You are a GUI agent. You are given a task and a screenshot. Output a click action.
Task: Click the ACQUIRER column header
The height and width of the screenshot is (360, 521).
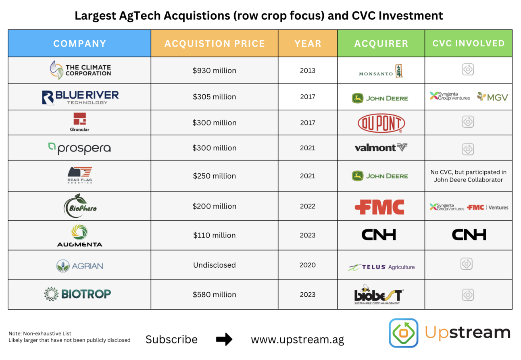[x=381, y=44]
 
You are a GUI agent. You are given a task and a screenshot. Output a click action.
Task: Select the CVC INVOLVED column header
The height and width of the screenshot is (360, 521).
[x=468, y=44]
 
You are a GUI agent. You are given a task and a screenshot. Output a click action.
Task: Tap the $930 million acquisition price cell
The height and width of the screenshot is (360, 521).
[x=215, y=71]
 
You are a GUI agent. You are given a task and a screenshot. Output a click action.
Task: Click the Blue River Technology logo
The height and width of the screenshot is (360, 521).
[x=80, y=97]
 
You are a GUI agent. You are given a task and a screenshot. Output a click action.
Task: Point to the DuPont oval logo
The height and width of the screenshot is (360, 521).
[x=381, y=123]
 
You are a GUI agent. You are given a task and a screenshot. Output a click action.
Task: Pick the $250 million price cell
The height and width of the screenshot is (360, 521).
[x=215, y=176]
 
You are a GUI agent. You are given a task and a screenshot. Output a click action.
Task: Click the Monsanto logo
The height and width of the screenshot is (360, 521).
[x=381, y=71]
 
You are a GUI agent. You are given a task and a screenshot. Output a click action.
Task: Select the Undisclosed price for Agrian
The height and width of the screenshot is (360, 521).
[x=215, y=265]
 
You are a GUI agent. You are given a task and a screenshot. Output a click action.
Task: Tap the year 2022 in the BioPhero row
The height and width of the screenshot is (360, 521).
[x=308, y=206]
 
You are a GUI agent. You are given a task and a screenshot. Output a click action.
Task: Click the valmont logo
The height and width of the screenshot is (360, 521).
[x=381, y=148]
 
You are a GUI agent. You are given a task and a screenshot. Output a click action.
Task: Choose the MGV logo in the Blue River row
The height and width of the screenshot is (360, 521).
[x=492, y=97]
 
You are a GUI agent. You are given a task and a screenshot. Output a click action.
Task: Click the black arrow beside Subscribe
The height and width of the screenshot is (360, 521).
[x=224, y=339]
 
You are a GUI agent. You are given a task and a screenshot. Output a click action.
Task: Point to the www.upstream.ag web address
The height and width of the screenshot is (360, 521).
[x=298, y=339]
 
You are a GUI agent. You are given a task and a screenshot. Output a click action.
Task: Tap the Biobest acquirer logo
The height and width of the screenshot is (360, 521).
[x=379, y=294]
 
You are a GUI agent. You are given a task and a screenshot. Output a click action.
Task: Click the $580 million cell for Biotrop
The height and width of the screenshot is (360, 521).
[x=215, y=295]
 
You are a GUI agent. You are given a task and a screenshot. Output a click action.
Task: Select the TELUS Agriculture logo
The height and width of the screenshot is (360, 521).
[x=381, y=267]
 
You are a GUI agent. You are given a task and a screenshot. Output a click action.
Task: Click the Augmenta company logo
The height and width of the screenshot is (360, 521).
[x=79, y=235]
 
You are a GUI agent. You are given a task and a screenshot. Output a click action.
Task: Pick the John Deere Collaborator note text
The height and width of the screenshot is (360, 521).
[x=468, y=176]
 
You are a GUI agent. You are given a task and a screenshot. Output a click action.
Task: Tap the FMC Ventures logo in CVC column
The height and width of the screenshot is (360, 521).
[x=488, y=207]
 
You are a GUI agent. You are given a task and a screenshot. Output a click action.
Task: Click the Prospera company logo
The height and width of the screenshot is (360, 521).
[x=79, y=148]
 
